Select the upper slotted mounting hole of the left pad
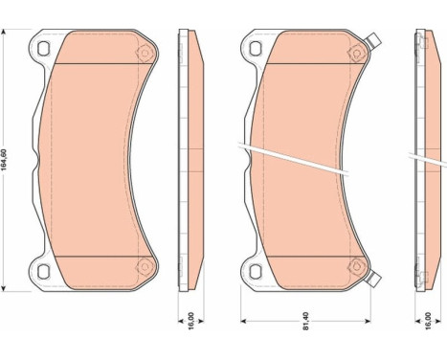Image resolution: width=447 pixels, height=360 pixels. (42, 44)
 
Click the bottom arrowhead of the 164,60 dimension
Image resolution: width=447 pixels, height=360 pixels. (9, 286)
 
